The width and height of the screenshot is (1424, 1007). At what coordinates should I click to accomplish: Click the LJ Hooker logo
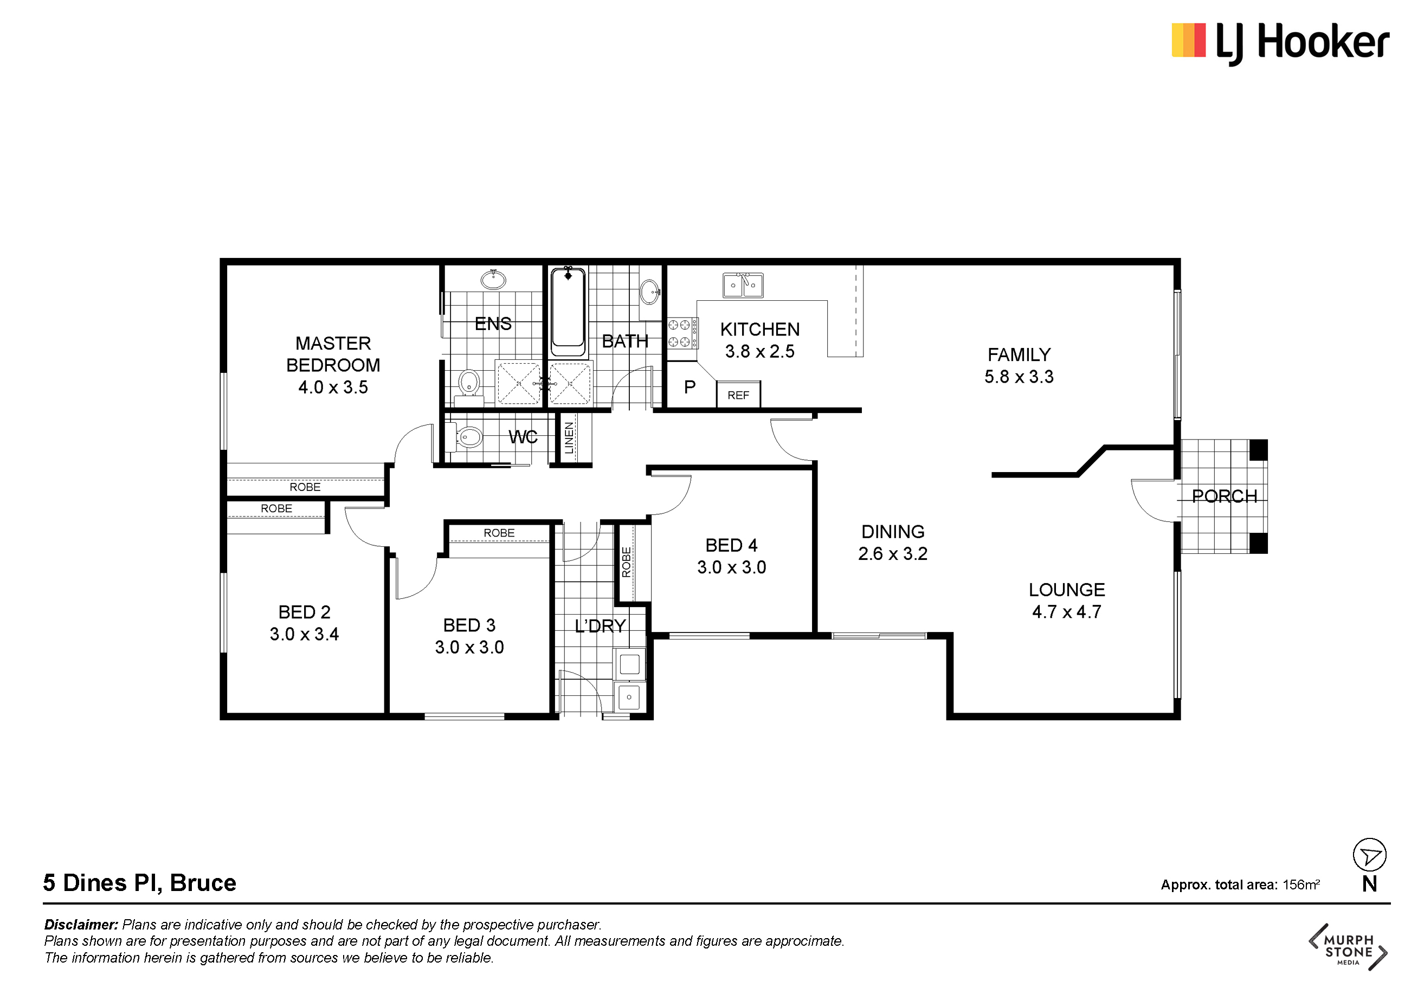pyautogui.click(x=1280, y=43)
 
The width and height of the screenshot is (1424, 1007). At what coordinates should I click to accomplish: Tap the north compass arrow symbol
pyautogui.click(x=1369, y=856)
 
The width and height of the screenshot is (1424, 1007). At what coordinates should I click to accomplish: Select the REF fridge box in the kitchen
pyautogui.click(x=738, y=395)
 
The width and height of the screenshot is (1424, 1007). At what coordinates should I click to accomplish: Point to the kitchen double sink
pyautogui.click(x=743, y=285)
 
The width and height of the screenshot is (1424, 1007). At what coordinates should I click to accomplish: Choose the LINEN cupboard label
pyautogui.click(x=569, y=438)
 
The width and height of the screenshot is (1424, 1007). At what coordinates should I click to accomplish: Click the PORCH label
pyautogui.click(x=1225, y=496)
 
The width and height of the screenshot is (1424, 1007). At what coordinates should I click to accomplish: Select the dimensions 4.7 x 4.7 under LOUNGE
pyautogui.click(x=1067, y=612)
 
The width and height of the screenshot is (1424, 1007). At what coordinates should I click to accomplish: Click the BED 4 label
pyautogui.click(x=731, y=545)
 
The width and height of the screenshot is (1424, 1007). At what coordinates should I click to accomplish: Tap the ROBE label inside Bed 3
pyautogui.click(x=499, y=533)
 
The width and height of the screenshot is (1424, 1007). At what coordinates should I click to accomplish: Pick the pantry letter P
pyautogui.click(x=690, y=388)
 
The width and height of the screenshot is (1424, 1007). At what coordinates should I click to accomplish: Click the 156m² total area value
pyautogui.click(x=1300, y=885)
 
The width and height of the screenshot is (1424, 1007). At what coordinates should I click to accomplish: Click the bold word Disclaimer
pyautogui.click(x=81, y=925)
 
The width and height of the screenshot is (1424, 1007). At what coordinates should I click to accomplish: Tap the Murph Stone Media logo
pyautogui.click(x=1348, y=947)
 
